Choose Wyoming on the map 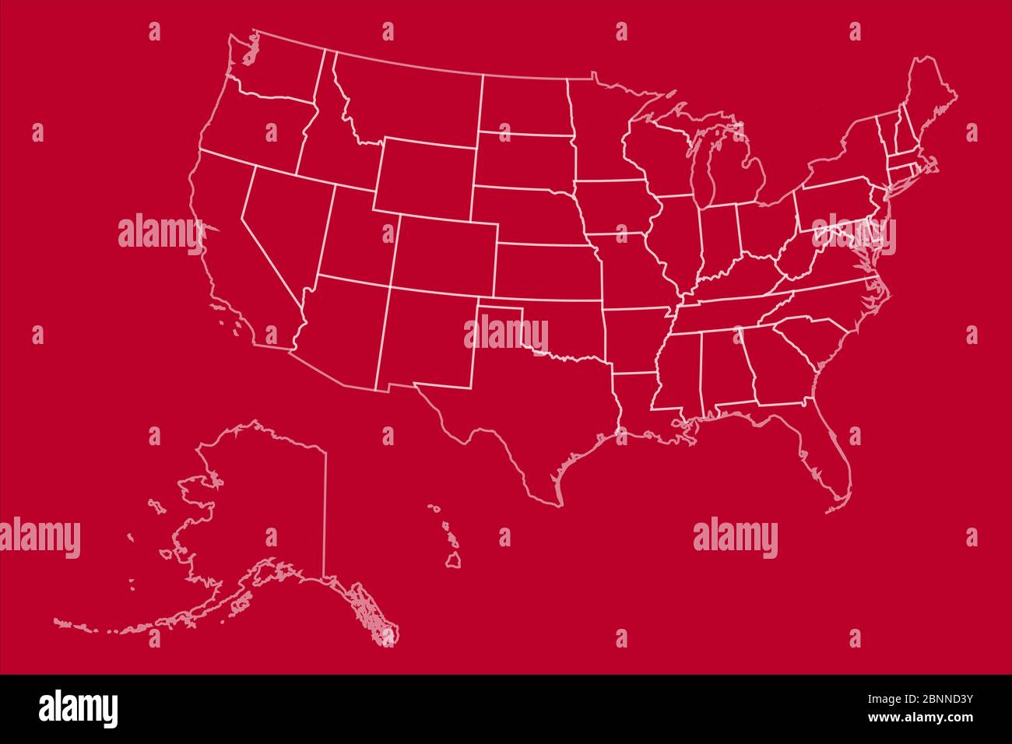click(424, 176)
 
